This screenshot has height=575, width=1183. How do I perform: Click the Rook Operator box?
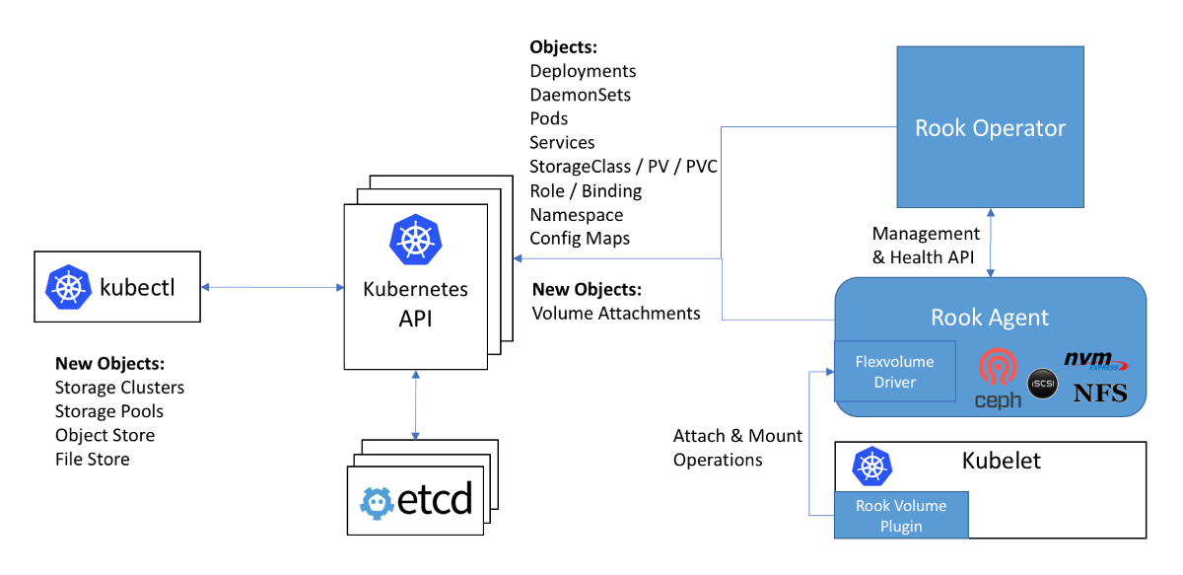tap(990, 127)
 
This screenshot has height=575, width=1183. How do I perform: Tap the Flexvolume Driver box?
tap(894, 371)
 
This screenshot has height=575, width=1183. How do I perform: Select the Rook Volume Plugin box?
tap(901, 516)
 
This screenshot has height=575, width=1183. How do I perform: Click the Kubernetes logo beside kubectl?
tap(68, 287)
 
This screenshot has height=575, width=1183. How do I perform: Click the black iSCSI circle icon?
tap(1042, 382)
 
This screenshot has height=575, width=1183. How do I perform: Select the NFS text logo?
tap(1099, 395)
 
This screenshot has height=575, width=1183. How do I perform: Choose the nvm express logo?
tap(1095, 361)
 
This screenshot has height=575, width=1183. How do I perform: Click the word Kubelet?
tap(1001, 462)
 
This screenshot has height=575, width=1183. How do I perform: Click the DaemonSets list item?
tap(580, 95)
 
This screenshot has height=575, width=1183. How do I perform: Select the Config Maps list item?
tap(580, 238)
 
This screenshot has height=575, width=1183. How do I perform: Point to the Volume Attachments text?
tap(616, 314)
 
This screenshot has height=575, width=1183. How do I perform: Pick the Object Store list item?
tap(104, 435)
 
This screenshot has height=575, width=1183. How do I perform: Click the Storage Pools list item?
tap(108, 411)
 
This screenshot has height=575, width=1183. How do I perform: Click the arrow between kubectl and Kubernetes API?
tap(272, 288)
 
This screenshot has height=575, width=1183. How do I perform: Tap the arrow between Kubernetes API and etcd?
tap(415, 404)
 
